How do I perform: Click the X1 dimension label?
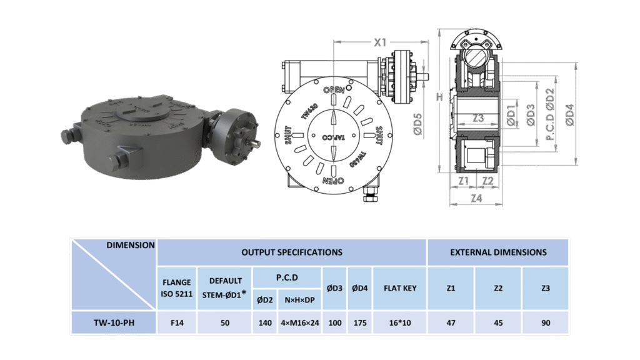[x=380, y=42]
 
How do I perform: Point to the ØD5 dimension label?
[x=417, y=124]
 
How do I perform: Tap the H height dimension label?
[x=439, y=97]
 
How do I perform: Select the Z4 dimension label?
[x=476, y=198]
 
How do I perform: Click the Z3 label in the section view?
[x=478, y=118]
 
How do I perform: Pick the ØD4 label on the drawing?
[x=569, y=115]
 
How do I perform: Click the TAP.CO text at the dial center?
[x=334, y=137]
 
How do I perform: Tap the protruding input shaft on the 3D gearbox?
[x=255, y=143]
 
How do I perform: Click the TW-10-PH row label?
[x=114, y=323]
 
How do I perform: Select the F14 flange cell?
[x=177, y=323]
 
